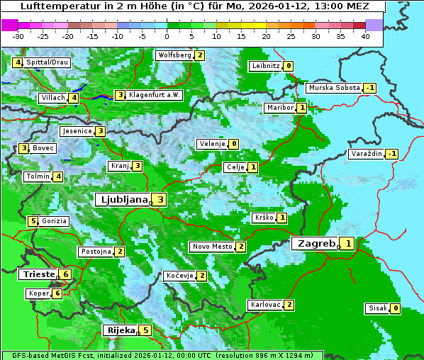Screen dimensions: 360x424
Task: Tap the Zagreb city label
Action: pos(316,243)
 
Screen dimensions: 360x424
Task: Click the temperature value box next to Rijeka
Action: pos(145,330)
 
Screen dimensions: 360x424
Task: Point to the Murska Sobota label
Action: pos(333,88)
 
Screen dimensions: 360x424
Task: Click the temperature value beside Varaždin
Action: pos(391,154)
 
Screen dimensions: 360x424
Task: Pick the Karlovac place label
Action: pos(265,305)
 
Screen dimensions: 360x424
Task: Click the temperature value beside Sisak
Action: pos(395,308)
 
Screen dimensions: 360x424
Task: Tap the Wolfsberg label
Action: pos(174,55)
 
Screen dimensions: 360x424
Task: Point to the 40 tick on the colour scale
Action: pos(365,36)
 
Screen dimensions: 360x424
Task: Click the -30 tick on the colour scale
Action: pos(18,36)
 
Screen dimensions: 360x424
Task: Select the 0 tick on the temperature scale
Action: pos(167,36)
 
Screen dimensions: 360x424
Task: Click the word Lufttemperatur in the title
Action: pos(53,6)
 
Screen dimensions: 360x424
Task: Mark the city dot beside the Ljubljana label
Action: pos(151,203)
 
